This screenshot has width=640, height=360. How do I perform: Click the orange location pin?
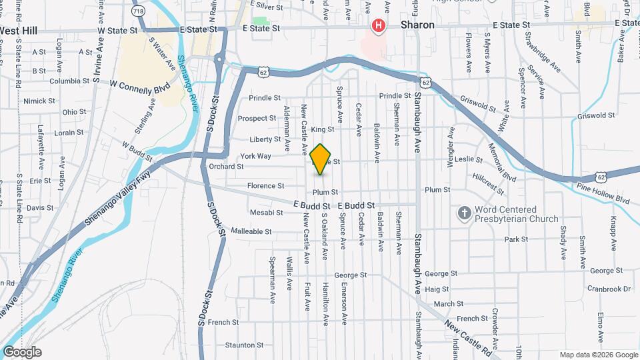321,159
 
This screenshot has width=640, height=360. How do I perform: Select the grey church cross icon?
464,213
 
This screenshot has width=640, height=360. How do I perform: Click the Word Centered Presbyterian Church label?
516,213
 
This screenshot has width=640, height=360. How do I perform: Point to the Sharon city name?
417,25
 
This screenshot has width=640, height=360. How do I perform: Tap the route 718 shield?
138,11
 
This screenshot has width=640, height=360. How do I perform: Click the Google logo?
22,352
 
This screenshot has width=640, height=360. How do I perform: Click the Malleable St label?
251,231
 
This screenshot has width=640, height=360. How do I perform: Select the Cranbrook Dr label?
609,289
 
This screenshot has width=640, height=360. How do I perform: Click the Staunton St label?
240,345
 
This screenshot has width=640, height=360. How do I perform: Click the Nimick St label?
39,101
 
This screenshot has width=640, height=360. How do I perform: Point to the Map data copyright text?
598,355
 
